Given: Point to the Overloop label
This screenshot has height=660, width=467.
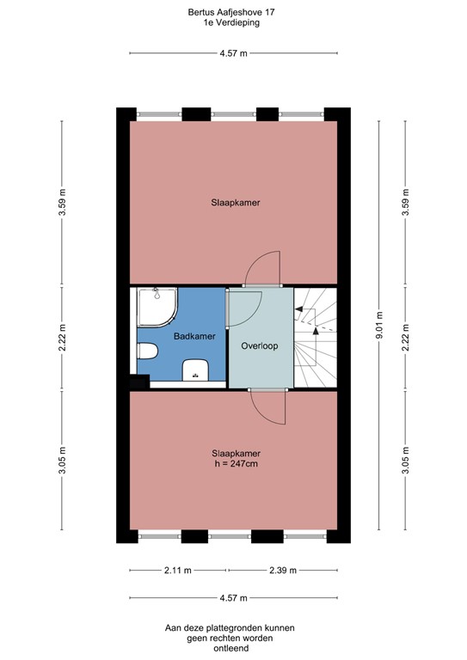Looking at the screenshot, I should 259,347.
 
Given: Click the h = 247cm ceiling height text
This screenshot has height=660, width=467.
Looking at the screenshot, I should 236,464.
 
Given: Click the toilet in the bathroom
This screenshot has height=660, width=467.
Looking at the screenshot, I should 146,352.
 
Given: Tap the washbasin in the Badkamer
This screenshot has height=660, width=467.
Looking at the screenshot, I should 197,370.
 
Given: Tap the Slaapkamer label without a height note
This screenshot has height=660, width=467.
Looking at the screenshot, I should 236,204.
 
